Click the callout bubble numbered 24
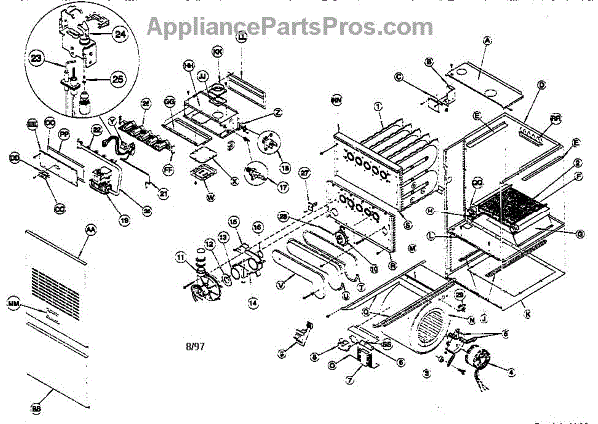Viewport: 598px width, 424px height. pyautogui.click(x=119, y=32)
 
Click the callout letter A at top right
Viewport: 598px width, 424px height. pyautogui.click(x=487, y=39)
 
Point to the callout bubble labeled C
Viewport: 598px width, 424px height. pyautogui.click(x=397, y=76)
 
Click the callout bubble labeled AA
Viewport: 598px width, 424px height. pyautogui.click(x=91, y=229)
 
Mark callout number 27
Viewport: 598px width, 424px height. pyautogui.click(x=305, y=172)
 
